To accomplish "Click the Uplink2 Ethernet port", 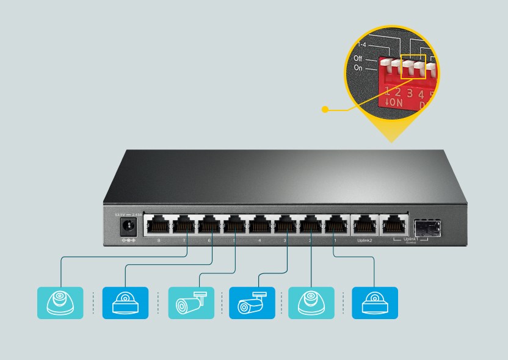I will pyautogui.click(x=365, y=226).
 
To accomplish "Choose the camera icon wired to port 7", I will pyautogui.click(x=60, y=303).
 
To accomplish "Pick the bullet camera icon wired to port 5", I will pyautogui.click(x=191, y=303).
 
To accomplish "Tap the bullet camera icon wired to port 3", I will pyautogui.click(x=252, y=303).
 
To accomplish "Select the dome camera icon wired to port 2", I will pyautogui.click(x=311, y=303).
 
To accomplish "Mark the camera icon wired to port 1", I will pyautogui.click(x=374, y=303).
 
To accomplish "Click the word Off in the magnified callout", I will pyautogui.click(x=358, y=58).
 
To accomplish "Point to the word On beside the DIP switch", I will pyautogui.click(x=358, y=68).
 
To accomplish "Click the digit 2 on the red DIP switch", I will pyautogui.click(x=398, y=93).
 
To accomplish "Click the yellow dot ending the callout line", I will pyautogui.click(x=325, y=110).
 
